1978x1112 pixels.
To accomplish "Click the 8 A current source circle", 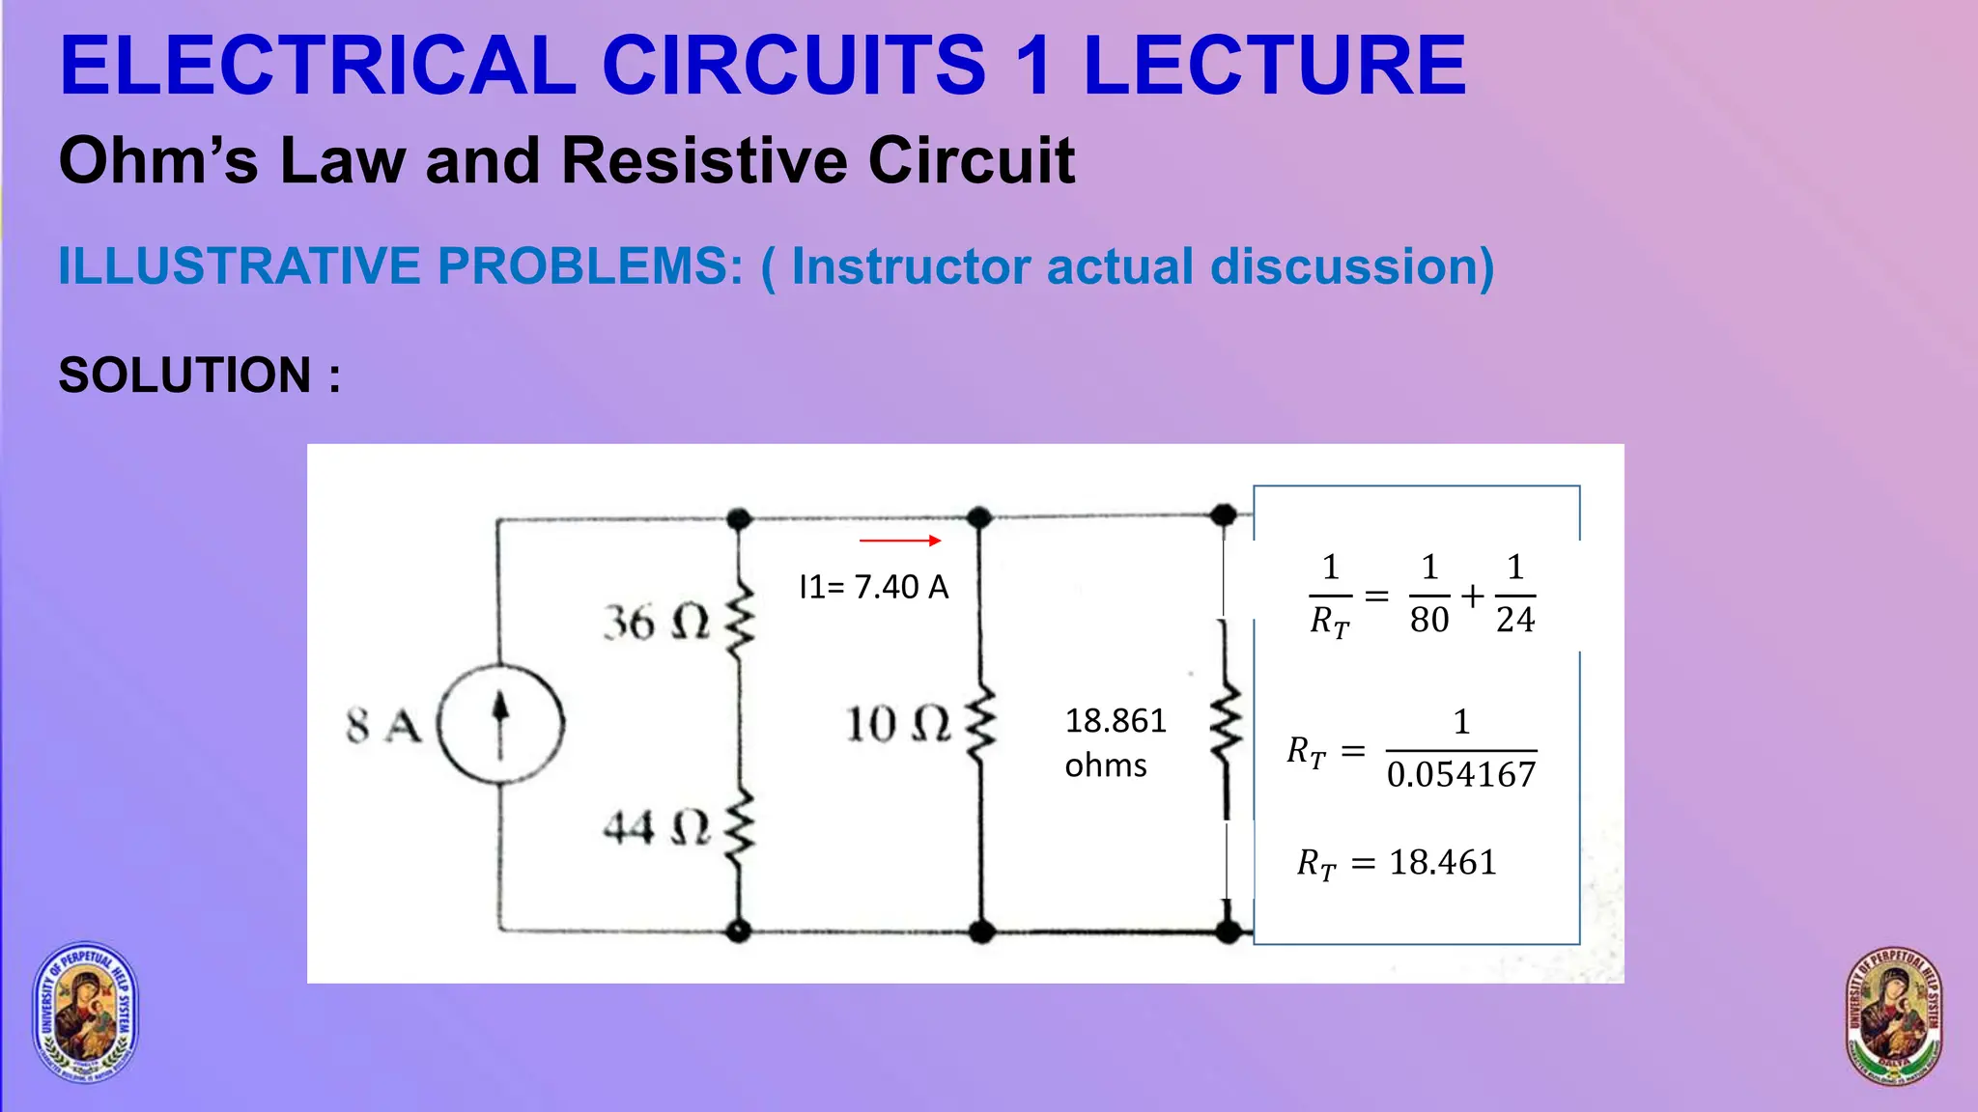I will pos(500,723).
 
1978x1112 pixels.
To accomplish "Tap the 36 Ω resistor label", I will pos(656,623).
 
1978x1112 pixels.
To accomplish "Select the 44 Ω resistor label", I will pos(656,827).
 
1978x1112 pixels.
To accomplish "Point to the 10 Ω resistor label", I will pos(898,724).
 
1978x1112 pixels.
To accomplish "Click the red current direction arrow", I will pos(899,541).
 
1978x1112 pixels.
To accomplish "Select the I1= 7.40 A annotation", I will pos(874,587).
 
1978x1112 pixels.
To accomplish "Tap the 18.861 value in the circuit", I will pos(1116,720).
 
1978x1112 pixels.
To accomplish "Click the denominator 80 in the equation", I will pos(1429,620).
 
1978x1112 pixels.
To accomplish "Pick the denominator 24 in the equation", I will pos(1515,620).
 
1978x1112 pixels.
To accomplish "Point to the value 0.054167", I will pos(1461,774).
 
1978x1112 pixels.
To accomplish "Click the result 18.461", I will pos(1443,862).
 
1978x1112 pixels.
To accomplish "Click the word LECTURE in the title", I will pos(1275,66).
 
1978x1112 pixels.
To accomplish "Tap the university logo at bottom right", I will pos(1893,1015).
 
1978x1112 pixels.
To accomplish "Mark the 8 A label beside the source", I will pos(383,726).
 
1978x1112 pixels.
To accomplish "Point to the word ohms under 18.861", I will pos(1106,765).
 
